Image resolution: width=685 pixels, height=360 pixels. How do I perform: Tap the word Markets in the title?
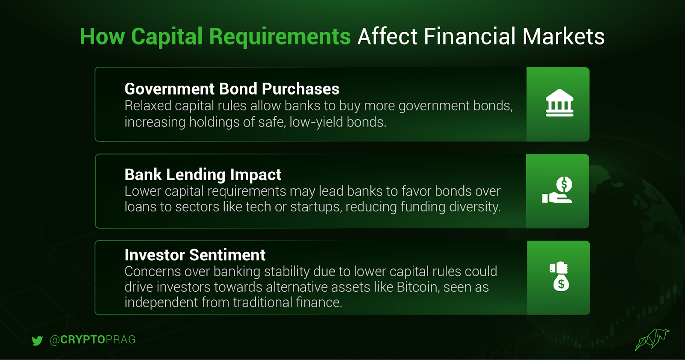[563, 37]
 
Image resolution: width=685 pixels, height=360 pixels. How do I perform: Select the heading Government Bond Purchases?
[232, 89]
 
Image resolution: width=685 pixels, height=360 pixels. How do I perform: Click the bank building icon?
[559, 103]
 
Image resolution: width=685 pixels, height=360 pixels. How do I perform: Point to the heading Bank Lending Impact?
[203, 175]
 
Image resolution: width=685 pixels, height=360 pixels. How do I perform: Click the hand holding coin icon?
[557, 190]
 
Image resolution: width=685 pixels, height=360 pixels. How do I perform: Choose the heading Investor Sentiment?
[195, 255]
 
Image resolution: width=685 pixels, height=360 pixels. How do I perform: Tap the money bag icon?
[559, 276]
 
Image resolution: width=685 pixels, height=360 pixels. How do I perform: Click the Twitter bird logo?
[37, 340]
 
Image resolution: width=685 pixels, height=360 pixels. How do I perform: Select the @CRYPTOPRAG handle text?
[92, 340]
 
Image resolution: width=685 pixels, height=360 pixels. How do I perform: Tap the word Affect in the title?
[387, 37]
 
